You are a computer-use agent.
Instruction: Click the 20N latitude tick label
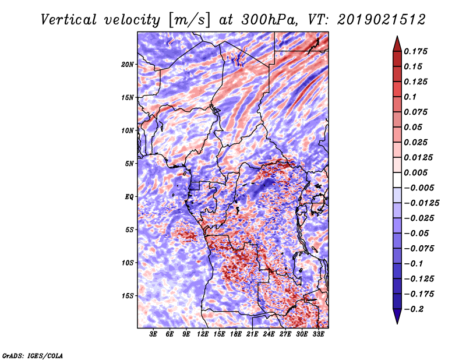tap(128, 64)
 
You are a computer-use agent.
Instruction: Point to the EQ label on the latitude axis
tap(129, 197)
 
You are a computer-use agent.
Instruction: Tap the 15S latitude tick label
tap(128, 296)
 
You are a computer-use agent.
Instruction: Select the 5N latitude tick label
tap(129, 164)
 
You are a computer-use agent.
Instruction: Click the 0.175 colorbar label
tap(416, 51)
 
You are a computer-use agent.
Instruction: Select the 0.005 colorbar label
tap(416, 172)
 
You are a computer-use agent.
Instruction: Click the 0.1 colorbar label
tap(411, 97)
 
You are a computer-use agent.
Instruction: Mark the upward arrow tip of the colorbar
tap(397, 37)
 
